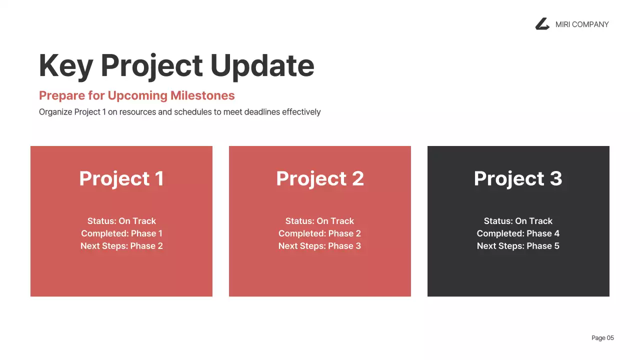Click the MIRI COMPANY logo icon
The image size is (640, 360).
pyautogui.click(x=542, y=24)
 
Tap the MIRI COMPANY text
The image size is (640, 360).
pyautogui.click(x=582, y=24)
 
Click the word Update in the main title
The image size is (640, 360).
pyautogui.click(x=262, y=65)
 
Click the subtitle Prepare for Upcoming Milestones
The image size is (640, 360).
pyautogui.click(x=136, y=95)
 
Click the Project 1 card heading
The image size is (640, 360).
pyautogui.click(x=121, y=178)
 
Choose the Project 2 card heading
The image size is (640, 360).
pyautogui.click(x=320, y=178)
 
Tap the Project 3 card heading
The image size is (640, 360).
pyautogui.click(x=518, y=178)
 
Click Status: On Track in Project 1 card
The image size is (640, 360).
pyautogui.click(x=121, y=221)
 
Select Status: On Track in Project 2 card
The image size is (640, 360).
pyautogui.click(x=320, y=221)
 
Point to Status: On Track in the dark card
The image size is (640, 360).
pyautogui.click(x=518, y=221)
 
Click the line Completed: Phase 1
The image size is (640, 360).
pyautogui.click(x=121, y=233)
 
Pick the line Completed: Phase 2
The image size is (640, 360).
pyautogui.click(x=320, y=233)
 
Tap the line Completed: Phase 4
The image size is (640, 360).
pyautogui.click(x=518, y=233)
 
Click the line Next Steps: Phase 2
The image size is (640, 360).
pyautogui.click(x=121, y=246)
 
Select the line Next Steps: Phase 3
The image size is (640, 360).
pyautogui.click(x=320, y=246)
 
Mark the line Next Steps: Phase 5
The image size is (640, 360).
pyautogui.click(x=518, y=246)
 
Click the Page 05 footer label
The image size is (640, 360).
pyautogui.click(x=602, y=338)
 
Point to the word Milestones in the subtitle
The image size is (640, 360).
pyautogui.click(x=202, y=95)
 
